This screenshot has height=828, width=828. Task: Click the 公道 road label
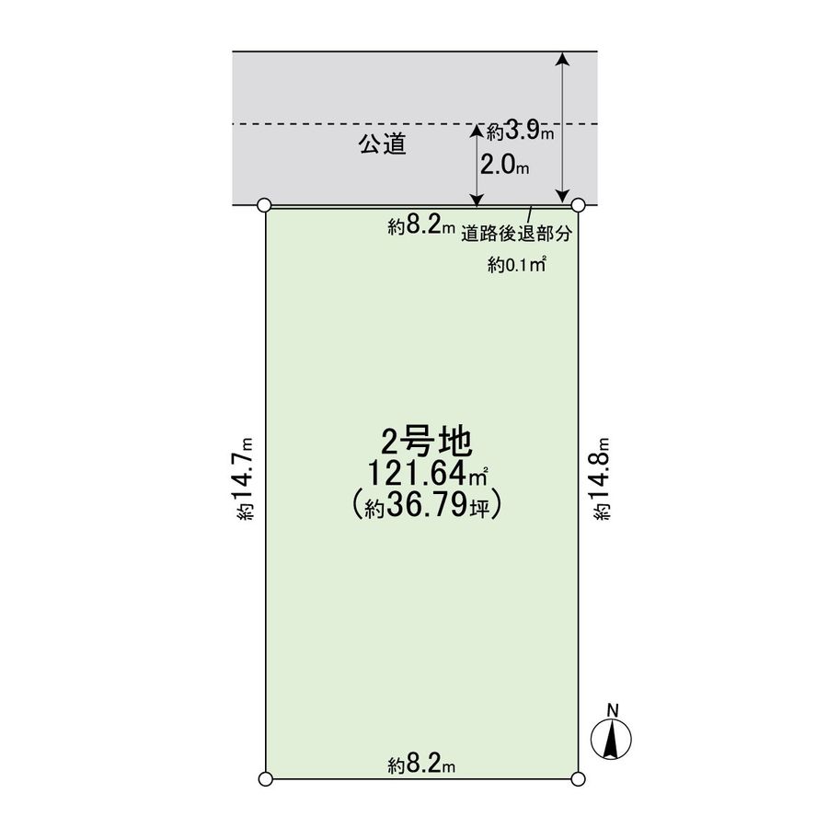382,144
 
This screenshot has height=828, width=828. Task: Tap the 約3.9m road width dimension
521,132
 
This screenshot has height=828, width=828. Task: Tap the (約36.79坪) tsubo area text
426,506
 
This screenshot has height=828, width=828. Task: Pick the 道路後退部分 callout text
517,234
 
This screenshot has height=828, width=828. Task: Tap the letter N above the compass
611,708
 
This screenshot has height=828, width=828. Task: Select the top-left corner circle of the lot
265,204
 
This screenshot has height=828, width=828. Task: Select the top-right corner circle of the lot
579,204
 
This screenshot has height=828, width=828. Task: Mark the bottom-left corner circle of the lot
265,779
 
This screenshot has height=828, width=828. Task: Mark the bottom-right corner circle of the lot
579,779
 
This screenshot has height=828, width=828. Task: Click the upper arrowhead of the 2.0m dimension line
477,132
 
